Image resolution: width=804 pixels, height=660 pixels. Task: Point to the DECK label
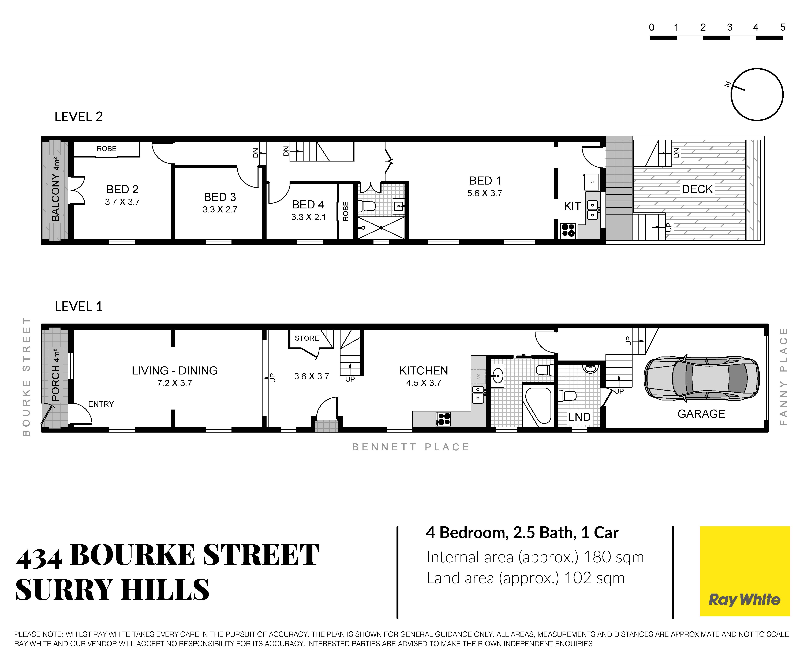pyautogui.click(x=697, y=189)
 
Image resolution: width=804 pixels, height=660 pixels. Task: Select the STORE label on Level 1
pyautogui.click(x=307, y=338)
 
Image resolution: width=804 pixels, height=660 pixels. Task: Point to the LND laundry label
pyautogui.click(x=579, y=417)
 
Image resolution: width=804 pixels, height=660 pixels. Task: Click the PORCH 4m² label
pyautogui.click(x=55, y=374)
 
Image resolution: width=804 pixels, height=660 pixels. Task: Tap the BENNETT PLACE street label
pyautogui.click(x=411, y=447)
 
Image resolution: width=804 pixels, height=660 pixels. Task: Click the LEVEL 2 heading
pyautogui.click(x=79, y=116)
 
